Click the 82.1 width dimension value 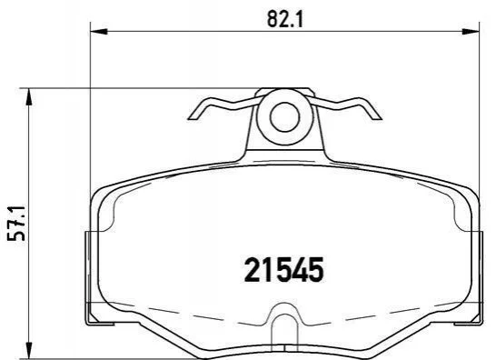285,19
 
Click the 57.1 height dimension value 16,224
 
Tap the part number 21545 284,270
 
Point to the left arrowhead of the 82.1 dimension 99,31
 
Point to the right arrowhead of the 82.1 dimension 471,31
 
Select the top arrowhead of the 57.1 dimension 29,96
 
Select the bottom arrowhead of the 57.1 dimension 29,351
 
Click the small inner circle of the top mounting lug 284,117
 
